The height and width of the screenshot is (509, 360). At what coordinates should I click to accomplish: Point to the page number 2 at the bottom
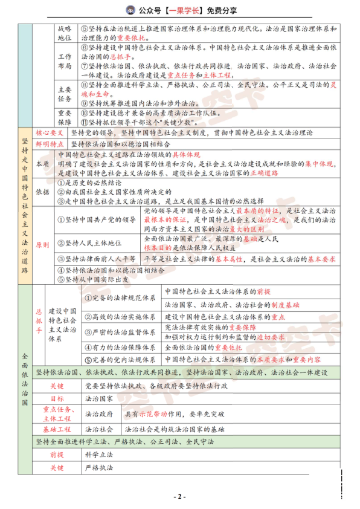(179, 496)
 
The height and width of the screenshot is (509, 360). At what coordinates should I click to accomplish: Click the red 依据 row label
(43, 192)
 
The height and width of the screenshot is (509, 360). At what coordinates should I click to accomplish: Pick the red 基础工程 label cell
(57, 429)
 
